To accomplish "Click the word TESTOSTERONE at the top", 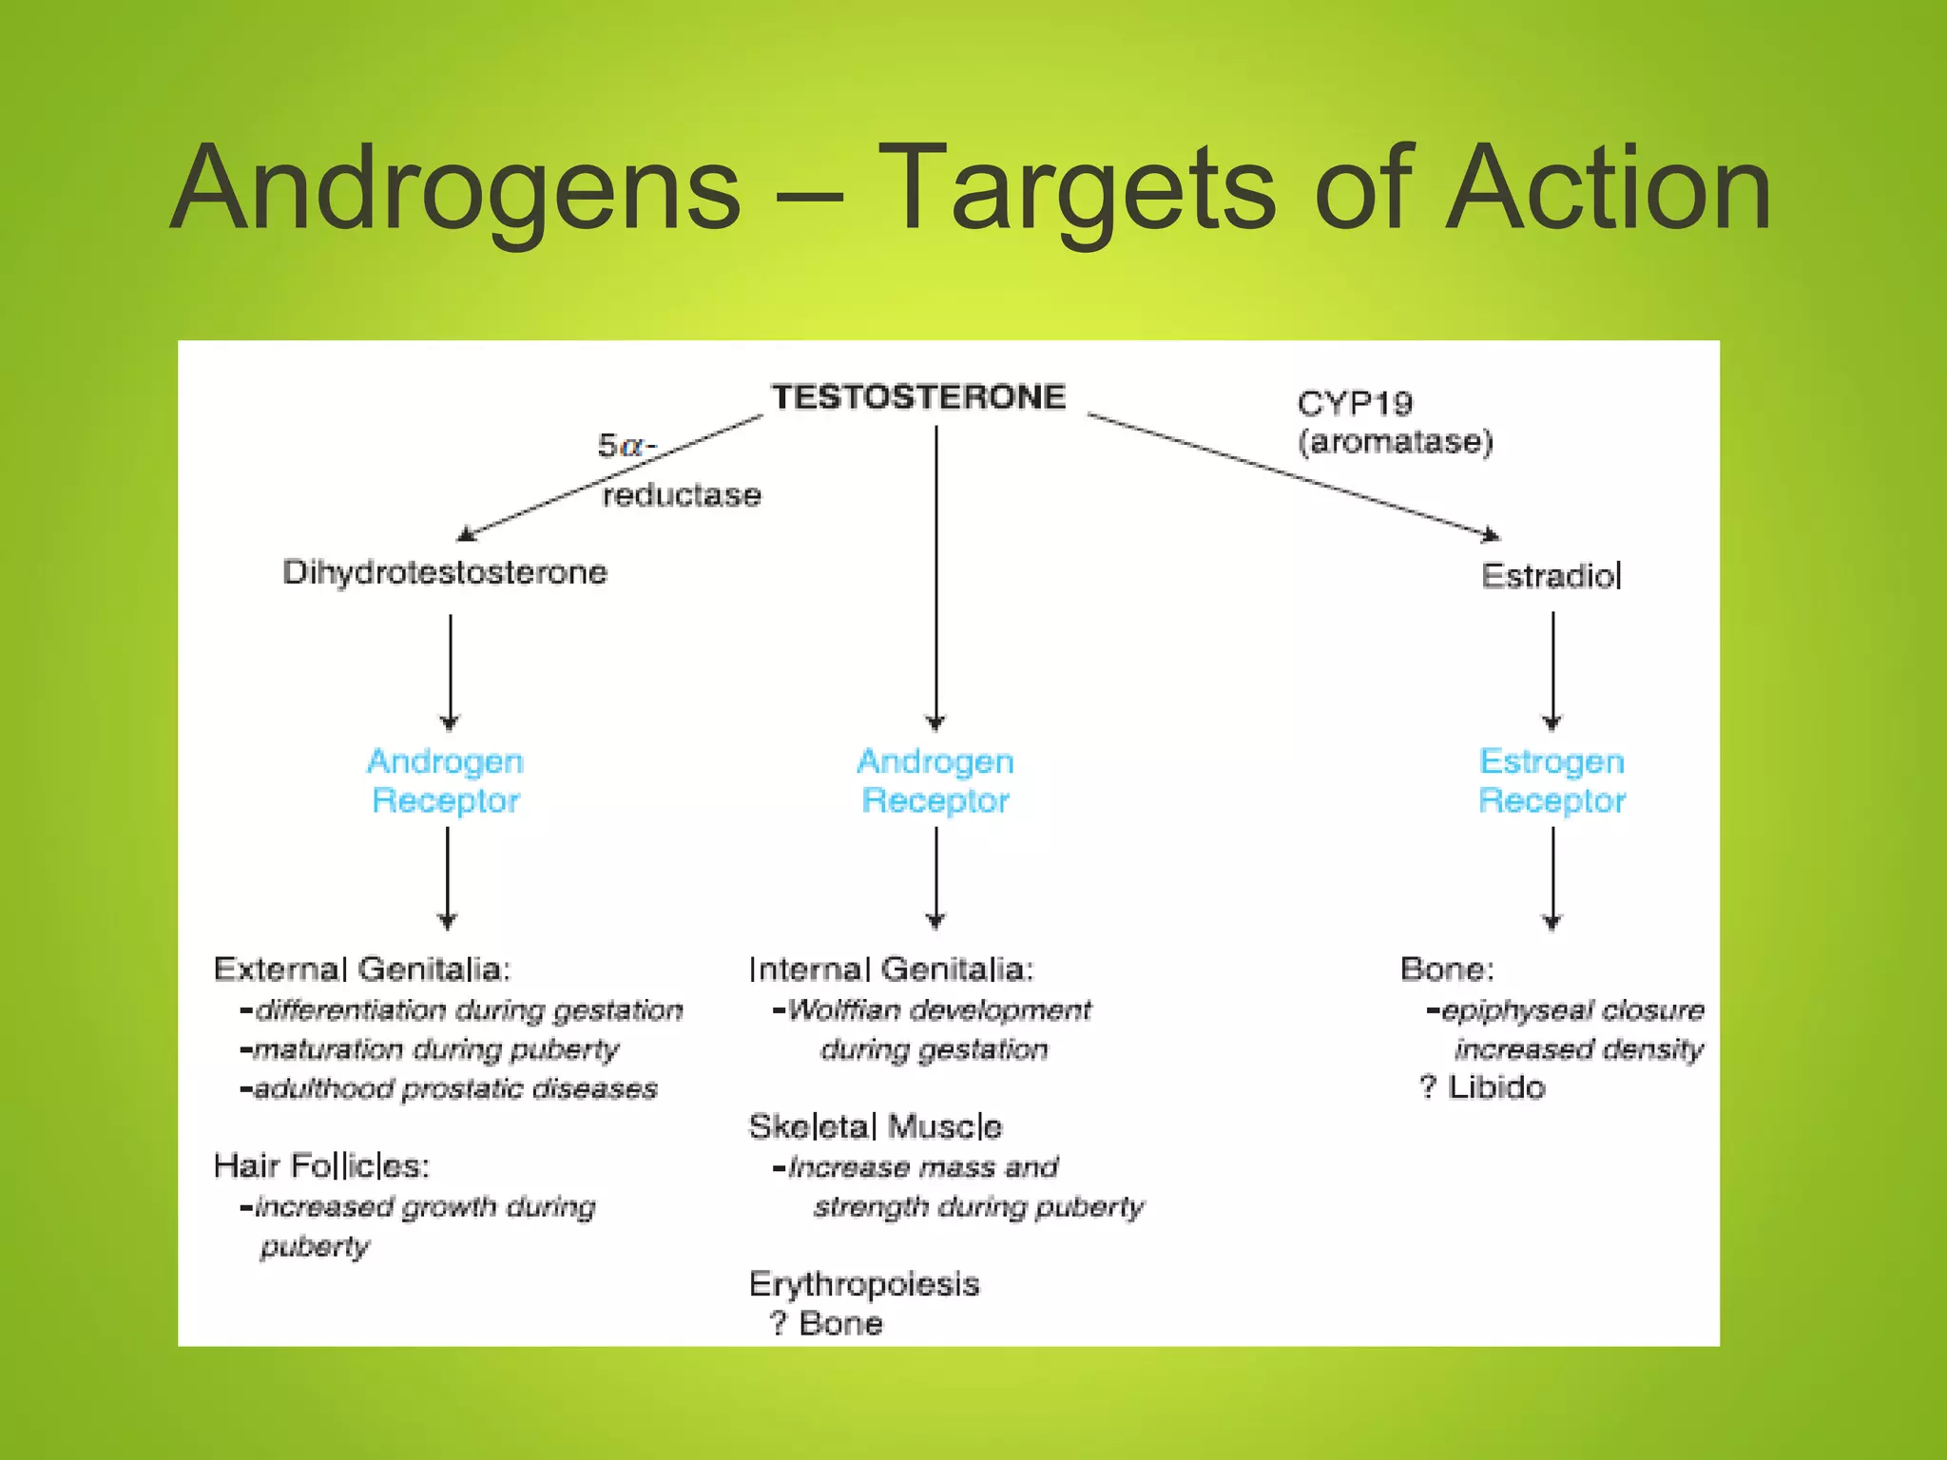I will [918, 396].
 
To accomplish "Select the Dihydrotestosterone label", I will [444, 572].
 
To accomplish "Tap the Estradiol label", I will [1551, 576].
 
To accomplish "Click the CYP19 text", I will [1355, 404].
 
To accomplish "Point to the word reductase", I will [682, 495].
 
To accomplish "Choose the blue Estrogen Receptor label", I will [1552, 781].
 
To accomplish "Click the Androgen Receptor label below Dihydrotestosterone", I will [445, 781].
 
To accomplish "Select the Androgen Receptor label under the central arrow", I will [935, 781].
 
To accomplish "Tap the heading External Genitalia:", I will [362, 970].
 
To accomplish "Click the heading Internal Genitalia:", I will [891, 970].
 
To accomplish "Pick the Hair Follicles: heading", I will [321, 1165].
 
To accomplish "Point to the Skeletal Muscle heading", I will [875, 1126].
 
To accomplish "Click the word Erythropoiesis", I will [863, 1284].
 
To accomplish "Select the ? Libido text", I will [1483, 1087].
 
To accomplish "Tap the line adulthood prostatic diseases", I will [450, 1088].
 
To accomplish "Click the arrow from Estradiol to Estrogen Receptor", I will [1552, 670].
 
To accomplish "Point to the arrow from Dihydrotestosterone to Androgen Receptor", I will [450, 671].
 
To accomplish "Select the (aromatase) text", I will [1396, 442].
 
